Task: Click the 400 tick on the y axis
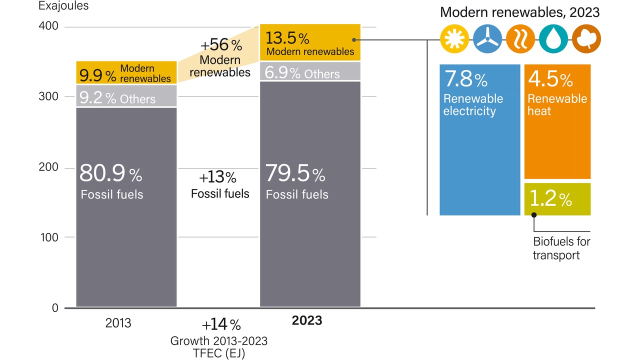tap(48, 26)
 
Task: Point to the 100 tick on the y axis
tap(48, 237)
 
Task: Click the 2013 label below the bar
tap(118, 323)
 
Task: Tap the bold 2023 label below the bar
tap(306, 320)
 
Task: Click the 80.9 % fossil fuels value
tap(110, 174)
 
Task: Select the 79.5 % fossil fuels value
tap(295, 174)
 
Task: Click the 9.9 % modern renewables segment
tap(126, 73)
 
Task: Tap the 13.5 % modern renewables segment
tap(310, 43)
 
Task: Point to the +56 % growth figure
tap(220, 45)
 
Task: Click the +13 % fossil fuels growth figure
tap(217, 177)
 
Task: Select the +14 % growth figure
tap(221, 325)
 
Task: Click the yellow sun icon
tap(454, 38)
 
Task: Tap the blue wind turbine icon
tap(487, 38)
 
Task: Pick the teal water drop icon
tap(553, 38)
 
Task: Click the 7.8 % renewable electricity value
tap(465, 79)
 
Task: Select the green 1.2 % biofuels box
tap(557, 199)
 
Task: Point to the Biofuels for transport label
tap(561, 248)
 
